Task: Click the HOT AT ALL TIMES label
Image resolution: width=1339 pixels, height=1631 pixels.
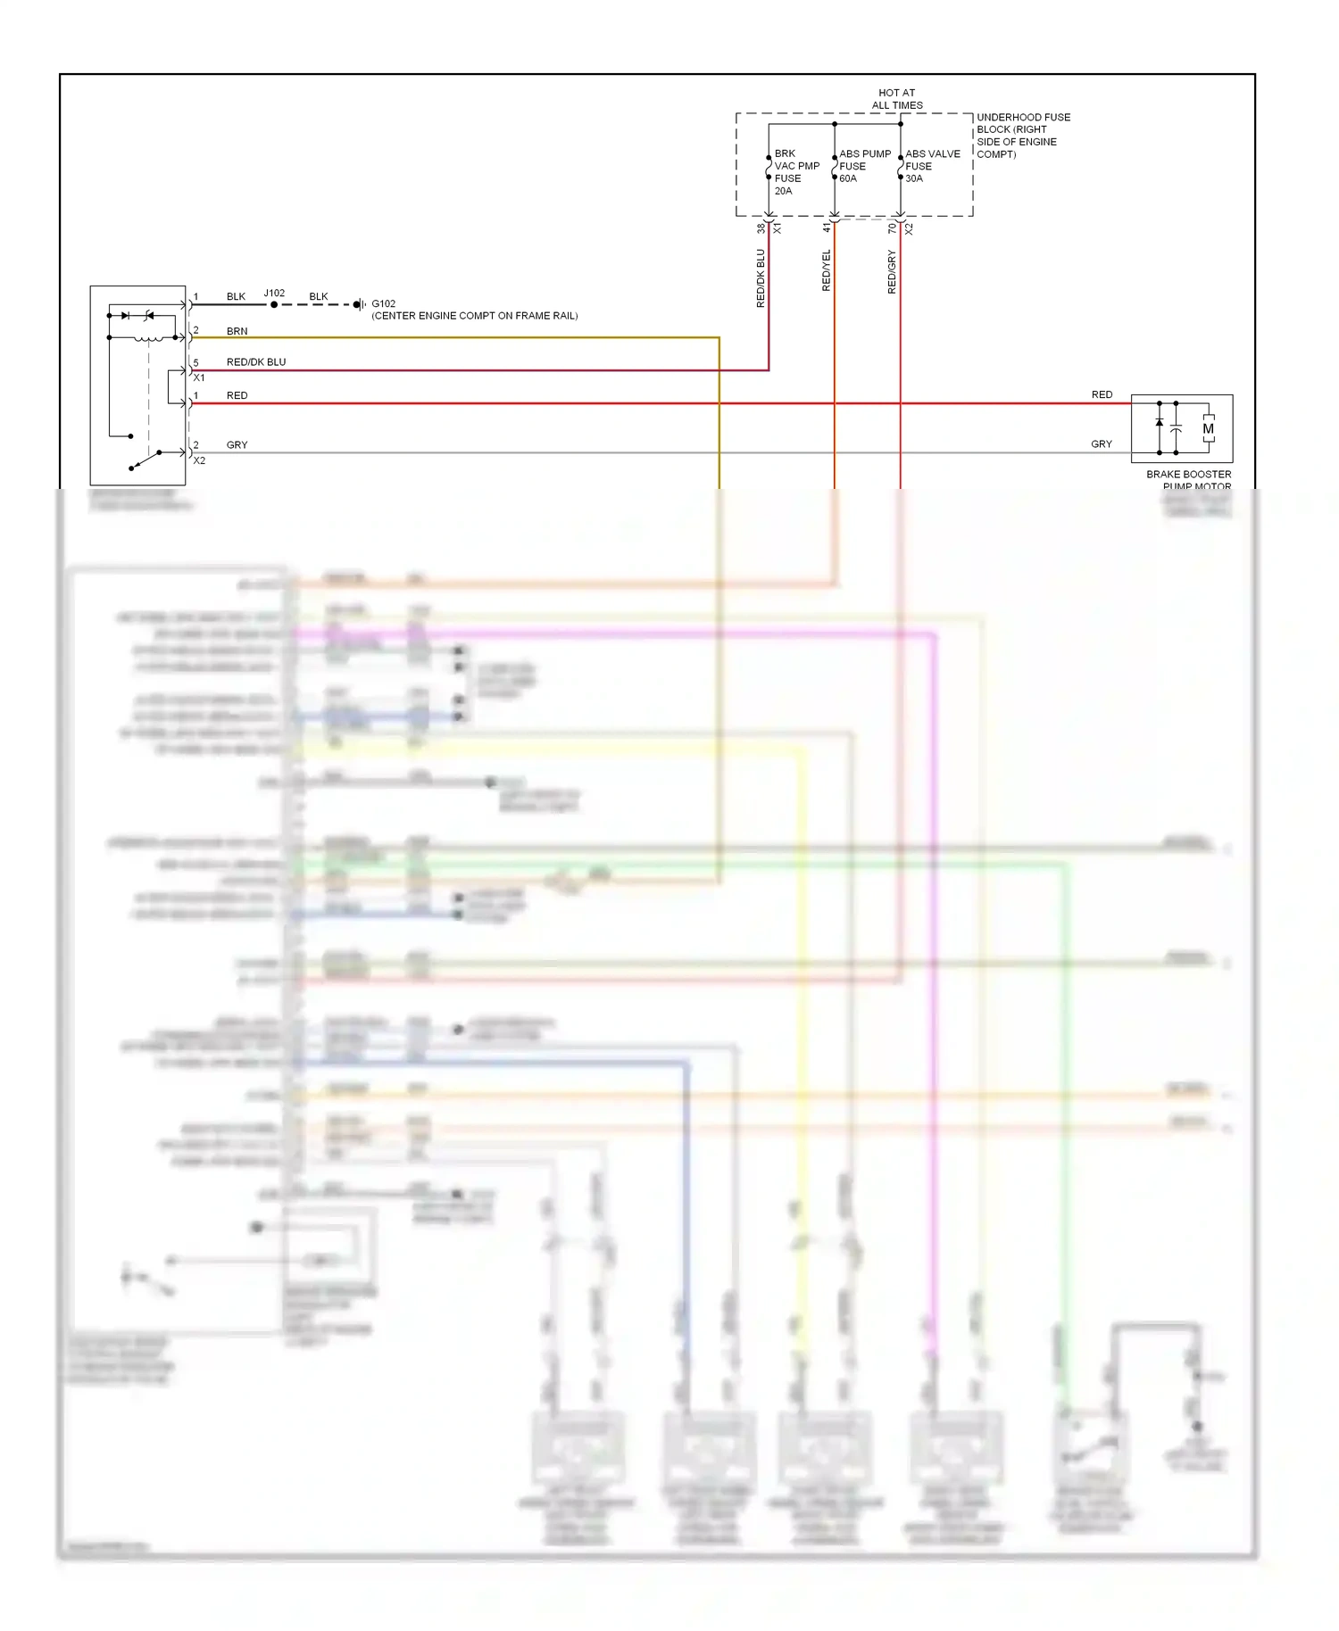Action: click(896, 99)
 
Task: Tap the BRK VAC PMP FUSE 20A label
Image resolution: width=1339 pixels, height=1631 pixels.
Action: click(794, 172)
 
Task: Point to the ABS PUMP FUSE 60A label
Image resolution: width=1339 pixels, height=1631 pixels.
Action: click(863, 166)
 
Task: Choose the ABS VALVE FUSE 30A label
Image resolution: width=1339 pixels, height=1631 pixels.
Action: click(932, 166)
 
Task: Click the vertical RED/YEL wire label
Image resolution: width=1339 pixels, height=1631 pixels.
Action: click(826, 270)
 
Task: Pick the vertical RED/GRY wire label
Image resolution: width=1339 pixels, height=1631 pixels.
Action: click(892, 272)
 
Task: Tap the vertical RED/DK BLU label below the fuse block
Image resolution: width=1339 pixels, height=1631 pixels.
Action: click(761, 278)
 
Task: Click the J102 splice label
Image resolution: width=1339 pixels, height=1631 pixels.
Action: click(274, 293)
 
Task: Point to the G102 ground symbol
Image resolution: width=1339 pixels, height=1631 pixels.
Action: click(358, 304)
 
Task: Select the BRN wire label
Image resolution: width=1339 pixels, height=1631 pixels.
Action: click(237, 331)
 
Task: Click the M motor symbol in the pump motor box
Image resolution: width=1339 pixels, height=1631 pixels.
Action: click(1208, 429)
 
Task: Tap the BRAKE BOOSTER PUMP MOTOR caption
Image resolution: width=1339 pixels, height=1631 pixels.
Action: click(1188, 480)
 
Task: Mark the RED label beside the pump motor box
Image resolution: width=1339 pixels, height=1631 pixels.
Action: click(1102, 394)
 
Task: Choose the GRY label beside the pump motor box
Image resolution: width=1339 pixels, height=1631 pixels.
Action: click(1102, 444)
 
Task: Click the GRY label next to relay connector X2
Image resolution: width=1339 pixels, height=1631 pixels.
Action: click(237, 444)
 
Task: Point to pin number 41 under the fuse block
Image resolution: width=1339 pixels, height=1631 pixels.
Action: click(827, 228)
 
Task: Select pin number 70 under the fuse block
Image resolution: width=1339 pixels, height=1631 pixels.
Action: click(892, 228)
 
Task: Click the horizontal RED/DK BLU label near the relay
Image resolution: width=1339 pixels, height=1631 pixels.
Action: click(256, 362)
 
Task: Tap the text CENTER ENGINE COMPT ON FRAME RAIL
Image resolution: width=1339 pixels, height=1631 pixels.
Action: click(474, 316)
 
